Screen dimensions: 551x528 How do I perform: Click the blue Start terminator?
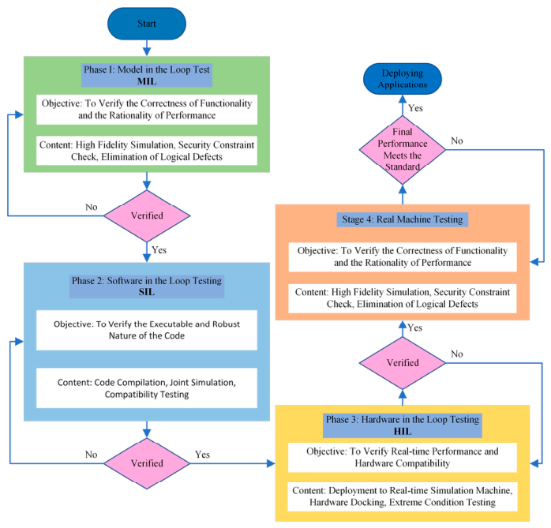[x=147, y=24]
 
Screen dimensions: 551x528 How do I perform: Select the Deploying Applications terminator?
[x=403, y=79]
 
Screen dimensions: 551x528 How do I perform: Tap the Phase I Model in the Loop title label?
[x=147, y=75]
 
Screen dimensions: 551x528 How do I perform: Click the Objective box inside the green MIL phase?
[x=147, y=109]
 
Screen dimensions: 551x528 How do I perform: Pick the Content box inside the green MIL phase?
[x=147, y=151]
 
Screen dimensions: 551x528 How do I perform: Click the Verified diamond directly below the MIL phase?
[x=147, y=215]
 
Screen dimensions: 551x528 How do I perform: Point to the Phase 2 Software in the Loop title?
[x=147, y=286]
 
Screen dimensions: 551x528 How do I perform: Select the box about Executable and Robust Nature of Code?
[x=147, y=330]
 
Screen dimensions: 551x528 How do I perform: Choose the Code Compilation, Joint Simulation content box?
[x=147, y=388]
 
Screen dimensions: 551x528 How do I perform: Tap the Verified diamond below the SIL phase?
[x=147, y=463]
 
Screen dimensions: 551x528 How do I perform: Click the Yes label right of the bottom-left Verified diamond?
[x=202, y=455]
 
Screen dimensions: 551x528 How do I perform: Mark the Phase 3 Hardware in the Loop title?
[x=403, y=425]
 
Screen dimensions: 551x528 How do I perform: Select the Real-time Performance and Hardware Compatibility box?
[x=403, y=458]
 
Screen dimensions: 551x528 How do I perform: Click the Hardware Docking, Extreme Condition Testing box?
[x=403, y=496]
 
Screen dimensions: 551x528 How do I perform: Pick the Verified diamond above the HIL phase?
[x=403, y=363]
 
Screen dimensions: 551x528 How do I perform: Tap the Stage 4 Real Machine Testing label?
[x=403, y=219]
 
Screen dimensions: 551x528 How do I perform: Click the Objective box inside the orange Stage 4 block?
[x=403, y=257]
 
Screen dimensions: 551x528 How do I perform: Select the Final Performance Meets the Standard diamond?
[x=403, y=150]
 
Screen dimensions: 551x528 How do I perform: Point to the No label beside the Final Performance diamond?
[x=457, y=140]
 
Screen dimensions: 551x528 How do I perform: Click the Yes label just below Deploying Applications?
[x=416, y=108]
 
